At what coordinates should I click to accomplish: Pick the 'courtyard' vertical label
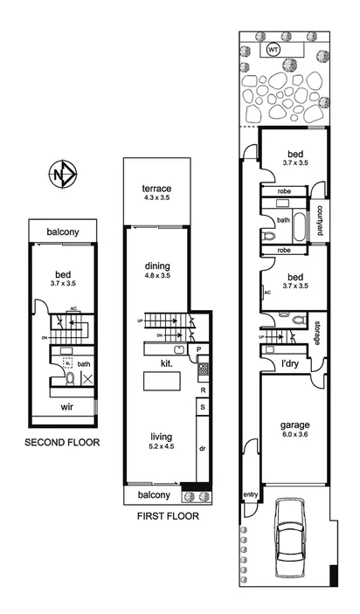coord(321,220)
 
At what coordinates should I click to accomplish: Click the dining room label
coord(157,266)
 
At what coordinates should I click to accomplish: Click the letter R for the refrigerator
coord(203,390)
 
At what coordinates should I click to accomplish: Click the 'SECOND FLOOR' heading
coord(62,443)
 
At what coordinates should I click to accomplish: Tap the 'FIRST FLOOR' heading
coord(168,516)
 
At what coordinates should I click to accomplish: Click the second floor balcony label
coord(63,231)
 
